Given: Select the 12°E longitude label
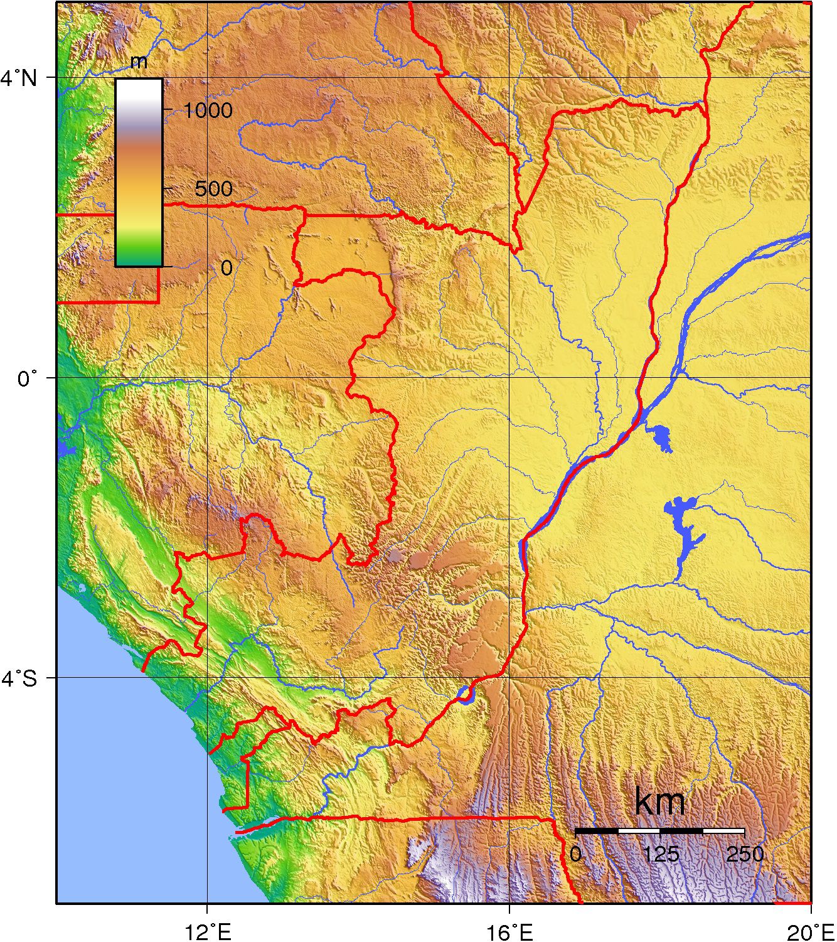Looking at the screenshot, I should tap(208, 932).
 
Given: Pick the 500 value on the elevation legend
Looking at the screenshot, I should tap(213, 189).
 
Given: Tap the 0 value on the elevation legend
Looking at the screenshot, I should tap(226, 267).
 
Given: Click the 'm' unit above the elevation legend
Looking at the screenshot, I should tap(139, 62).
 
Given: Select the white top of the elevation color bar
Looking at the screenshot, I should tap(139, 88).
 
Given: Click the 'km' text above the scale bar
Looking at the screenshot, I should tap(659, 801).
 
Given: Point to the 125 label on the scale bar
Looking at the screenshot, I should tap(661, 854).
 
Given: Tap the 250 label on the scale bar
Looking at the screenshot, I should tap(745, 854).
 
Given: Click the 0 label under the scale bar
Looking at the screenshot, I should tap(575, 854).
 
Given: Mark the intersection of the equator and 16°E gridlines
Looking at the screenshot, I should tap(509, 378).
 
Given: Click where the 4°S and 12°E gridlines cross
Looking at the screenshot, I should tap(208, 678).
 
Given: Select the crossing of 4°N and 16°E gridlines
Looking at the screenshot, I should tap(509, 78).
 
